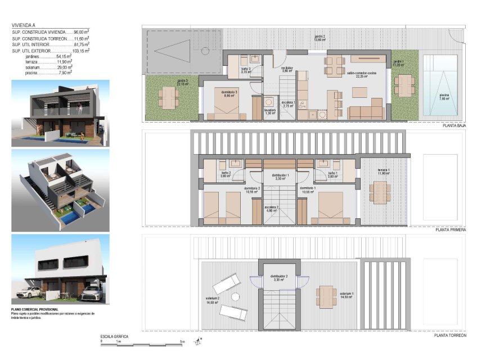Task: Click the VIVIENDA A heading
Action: coord(23,25)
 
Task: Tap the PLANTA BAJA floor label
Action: coord(454,127)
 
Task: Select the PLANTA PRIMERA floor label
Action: coord(451,230)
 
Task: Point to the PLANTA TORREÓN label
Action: coord(450,335)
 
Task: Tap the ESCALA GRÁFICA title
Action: coord(114,336)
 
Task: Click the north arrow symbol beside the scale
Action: coord(199,340)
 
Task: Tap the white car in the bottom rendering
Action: coord(29,292)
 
